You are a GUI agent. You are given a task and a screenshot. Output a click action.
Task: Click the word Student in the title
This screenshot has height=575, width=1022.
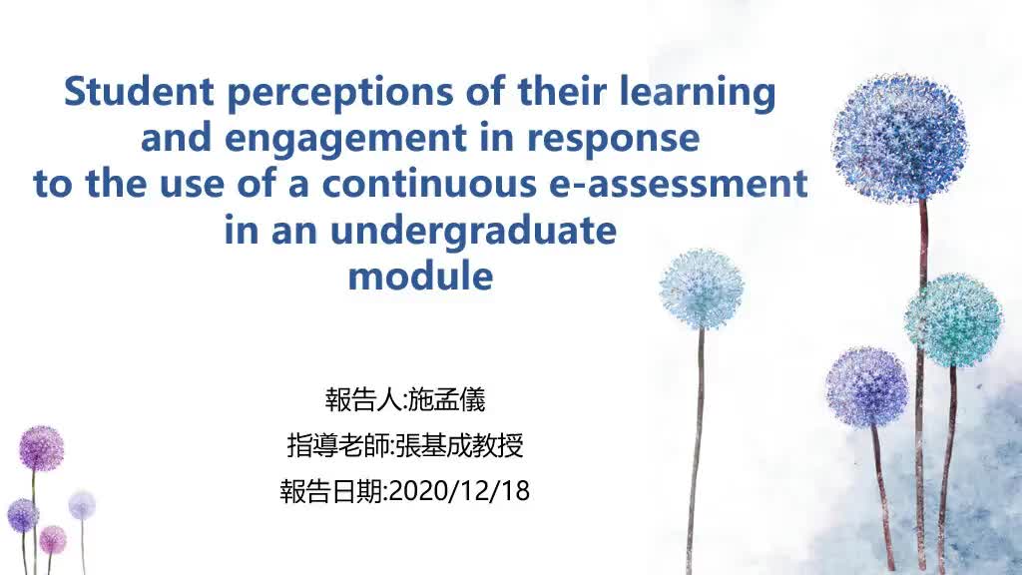point(139,91)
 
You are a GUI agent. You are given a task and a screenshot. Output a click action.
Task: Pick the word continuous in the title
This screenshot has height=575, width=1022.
point(429,184)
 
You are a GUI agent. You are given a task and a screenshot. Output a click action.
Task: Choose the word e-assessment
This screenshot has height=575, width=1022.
point(679,184)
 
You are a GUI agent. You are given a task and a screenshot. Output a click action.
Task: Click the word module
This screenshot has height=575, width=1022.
point(420,277)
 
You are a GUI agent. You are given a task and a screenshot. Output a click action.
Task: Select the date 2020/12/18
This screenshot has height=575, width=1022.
point(458,491)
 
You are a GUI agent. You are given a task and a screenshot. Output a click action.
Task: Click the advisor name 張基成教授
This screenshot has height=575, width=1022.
point(459,445)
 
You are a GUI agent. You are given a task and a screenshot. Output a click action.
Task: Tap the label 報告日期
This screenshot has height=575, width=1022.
point(331,491)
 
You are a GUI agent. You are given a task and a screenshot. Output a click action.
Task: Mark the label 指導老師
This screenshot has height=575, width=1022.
point(338,445)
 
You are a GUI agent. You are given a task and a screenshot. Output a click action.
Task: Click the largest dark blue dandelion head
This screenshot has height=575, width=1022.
point(899,138)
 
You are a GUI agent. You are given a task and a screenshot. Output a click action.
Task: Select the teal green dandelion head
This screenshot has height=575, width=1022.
point(953,320)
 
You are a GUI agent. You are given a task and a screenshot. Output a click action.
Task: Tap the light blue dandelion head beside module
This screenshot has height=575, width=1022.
point(702,288)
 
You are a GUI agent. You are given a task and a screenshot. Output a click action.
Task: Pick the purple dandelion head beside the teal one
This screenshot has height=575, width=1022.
point(866,387)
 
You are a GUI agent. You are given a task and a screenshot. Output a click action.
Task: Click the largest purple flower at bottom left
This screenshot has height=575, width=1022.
point(41,448)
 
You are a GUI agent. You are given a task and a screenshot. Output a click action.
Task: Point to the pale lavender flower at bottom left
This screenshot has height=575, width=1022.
point(82,505)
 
